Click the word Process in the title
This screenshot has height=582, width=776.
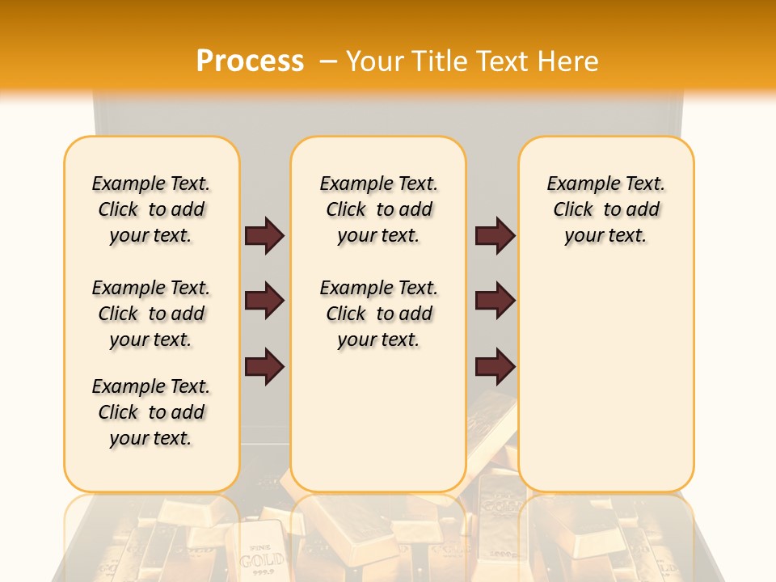(x=250, y=61)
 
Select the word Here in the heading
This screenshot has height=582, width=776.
(x=569, y=61)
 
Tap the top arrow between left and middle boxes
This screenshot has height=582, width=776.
(x=264, y=235)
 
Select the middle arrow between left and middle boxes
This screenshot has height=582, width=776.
(x=264, y=302)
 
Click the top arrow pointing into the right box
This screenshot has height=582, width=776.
(x=495, y=235)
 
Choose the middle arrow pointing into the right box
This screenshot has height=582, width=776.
(x=495, y=302)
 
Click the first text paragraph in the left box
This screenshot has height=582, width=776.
(x=151, y=209)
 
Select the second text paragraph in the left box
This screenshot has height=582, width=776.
(x=151, y=314)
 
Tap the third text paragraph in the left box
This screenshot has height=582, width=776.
(x=151, y=412)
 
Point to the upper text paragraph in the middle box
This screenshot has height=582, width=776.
(x=378, y=209)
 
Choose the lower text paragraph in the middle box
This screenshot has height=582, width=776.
(x=378, y=314)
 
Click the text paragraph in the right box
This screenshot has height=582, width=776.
(x=605, y=209)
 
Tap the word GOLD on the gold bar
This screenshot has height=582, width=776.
(x=262, y=559)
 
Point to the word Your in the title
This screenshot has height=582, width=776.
(x=375, y=61)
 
